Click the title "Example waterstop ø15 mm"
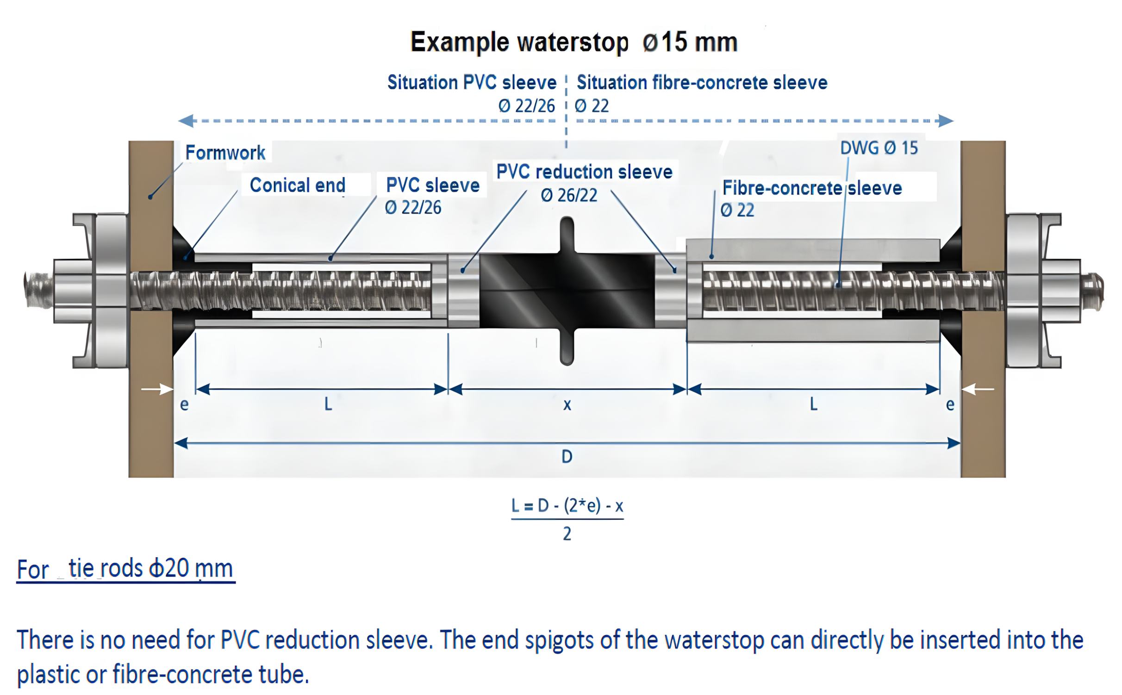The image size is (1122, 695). [573, 42]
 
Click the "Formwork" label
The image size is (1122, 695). [225, 153]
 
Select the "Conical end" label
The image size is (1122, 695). [298, 185]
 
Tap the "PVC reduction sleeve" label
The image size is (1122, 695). [584, 172]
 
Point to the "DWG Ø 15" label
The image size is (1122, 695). [879, 148]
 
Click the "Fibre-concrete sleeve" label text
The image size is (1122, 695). [812, 188]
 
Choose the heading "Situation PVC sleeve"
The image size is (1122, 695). [472, 82]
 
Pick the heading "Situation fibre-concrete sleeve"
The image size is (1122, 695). [702, 82]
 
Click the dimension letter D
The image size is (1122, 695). [567, 457]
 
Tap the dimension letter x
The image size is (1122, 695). [567, 405]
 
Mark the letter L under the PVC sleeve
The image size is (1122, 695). [328, 404]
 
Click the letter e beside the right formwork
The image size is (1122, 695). [950, 405]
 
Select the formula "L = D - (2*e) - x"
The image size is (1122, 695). [567, 506]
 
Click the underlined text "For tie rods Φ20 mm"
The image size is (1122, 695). [125, 569]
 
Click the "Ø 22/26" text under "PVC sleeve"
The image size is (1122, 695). [413, 208]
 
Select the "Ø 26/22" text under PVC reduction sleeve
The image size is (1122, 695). [569, 196]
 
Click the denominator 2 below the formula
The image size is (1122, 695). [567, 534]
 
